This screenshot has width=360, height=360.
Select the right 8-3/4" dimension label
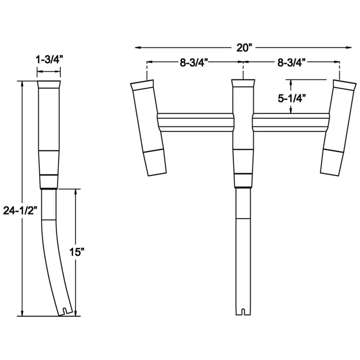pos(291,62)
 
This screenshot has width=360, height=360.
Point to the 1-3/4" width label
pos(49,60)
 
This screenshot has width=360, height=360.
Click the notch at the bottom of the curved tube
pos(64,311)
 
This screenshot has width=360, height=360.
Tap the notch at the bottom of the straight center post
pos(243,311)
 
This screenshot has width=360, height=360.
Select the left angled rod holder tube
pos(148,126)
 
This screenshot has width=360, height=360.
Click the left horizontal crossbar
pos(195,122)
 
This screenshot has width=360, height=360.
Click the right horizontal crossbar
pos(291,122)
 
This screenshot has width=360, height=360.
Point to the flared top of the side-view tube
pos(49,85)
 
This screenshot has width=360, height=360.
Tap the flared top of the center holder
pos(243,84)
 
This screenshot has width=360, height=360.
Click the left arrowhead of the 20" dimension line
pos(138,48)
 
